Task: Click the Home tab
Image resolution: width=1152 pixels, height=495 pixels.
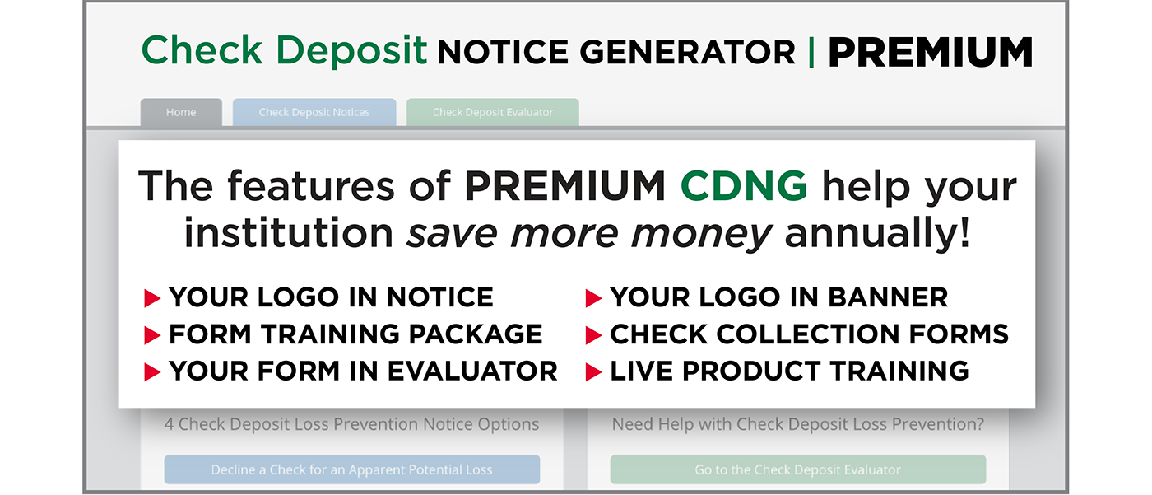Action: coord(181,113)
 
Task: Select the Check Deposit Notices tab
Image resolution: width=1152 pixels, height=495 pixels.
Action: coord(314,113)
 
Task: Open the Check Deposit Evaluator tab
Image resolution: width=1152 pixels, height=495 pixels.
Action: coord(492,113)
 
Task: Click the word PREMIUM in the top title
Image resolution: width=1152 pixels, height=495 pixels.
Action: coord(930,53)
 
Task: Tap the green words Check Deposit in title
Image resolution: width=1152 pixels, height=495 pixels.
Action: coord(284,51)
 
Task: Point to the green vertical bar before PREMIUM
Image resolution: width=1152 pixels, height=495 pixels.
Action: coord(812,53)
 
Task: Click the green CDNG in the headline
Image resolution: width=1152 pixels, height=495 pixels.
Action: coord(744,188)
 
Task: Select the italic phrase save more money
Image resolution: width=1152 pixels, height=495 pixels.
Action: coord(589,234)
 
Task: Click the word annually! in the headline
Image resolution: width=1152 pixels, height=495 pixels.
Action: coord(877,234)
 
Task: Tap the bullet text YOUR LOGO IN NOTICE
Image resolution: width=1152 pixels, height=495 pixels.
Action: coord(331,297)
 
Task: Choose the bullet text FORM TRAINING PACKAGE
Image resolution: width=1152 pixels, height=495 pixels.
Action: coord(355,334)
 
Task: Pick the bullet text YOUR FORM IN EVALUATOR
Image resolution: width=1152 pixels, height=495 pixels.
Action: coord(363,371)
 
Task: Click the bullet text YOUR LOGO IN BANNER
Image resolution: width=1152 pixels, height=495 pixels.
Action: coord(778,297)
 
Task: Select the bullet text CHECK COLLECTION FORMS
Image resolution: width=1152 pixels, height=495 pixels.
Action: coord(809,334)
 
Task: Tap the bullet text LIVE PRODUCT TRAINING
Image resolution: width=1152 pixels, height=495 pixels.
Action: coord(789,371)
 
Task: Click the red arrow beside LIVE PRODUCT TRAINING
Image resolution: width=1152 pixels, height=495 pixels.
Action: coord(593,372)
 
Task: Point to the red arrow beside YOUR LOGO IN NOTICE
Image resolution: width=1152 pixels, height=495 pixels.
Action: coord(152,298)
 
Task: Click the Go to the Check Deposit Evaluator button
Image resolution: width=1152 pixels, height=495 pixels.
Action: coord(797,469)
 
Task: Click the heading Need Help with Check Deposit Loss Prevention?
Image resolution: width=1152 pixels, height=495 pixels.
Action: coord(797,425)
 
